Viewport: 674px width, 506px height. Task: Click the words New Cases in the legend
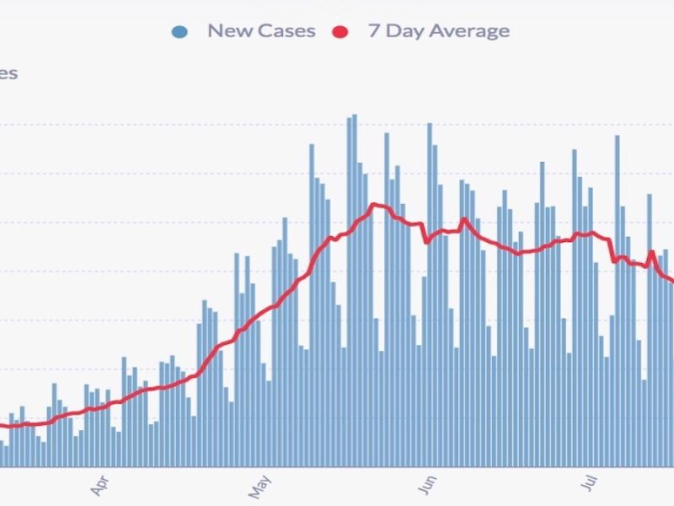pos(261,31)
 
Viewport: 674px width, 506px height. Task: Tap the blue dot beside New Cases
pos(179,32)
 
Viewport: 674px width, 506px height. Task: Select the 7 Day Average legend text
pos(438,31)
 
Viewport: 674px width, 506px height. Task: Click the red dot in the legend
pos(340,32)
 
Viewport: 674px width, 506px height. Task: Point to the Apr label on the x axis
pos(99,486)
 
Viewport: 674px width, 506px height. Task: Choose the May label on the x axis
pos(260,486)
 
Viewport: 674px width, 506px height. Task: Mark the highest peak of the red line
pos(375,204)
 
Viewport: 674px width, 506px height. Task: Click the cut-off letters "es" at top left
pos(8,73)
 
